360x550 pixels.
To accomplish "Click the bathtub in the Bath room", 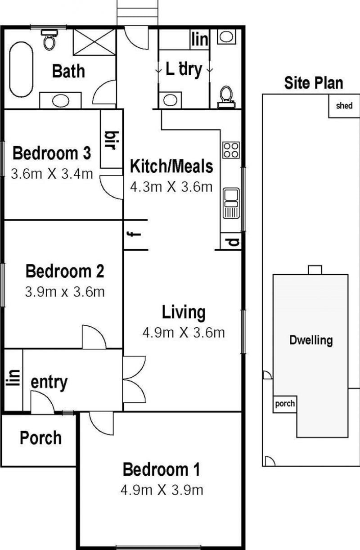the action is [x=21, y=69].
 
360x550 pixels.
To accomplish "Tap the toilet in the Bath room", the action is [x=49, y=40].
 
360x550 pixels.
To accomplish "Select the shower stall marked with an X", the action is [x=94, y=42].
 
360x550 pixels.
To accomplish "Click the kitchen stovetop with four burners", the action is [x=231, y=150].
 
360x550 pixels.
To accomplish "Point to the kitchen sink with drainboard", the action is [x=231, y=203].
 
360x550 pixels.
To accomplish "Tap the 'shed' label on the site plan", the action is [x=344, y=106].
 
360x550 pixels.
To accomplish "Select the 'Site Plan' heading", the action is [x=314, y=83].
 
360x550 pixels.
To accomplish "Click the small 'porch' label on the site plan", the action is [x=285, y=404].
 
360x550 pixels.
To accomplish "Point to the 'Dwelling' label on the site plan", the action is [x=311, y=340].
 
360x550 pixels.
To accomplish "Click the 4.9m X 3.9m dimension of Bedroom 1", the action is [x=162, y=490].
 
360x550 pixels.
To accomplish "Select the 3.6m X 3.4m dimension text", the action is [x=52, y=174].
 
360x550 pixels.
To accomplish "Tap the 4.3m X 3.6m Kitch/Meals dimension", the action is [x=171, y=187].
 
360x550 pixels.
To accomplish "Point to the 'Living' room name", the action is [x=184, y=312].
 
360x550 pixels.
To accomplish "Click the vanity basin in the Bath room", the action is [x=60, y=101].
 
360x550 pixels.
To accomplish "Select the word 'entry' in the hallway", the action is [x=49, y=382].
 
